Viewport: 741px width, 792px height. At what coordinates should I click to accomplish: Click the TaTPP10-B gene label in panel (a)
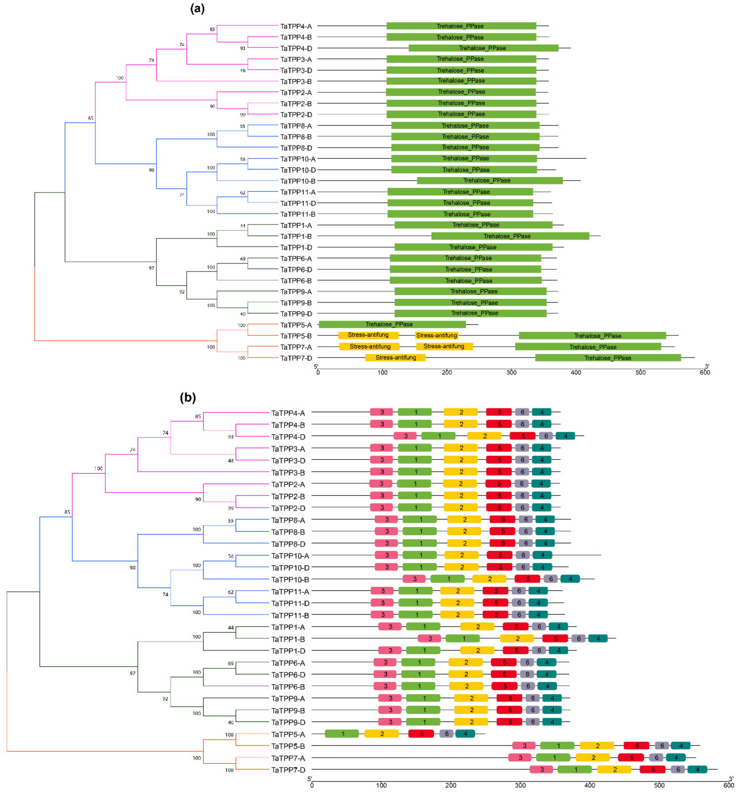pos(298,181)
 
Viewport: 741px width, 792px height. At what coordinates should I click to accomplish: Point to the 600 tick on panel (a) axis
pos(705,373)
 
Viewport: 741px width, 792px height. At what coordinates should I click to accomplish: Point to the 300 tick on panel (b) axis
pos(520,785)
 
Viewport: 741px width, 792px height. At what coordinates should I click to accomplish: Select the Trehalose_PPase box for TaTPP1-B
pos(510,236)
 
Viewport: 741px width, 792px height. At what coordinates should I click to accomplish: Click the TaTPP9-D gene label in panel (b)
pos(288,722)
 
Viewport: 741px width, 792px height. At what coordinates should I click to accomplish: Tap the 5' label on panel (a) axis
pos(316,366)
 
